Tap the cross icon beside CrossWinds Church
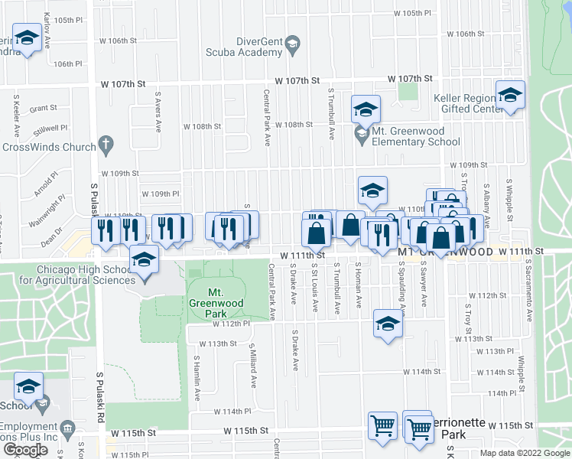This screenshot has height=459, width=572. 106,145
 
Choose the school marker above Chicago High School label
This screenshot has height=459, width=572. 144,260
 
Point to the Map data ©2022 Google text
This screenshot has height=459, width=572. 524,453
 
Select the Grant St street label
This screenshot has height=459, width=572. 44,109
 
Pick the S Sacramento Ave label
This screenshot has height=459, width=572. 527,285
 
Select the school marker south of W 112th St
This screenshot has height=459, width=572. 388,324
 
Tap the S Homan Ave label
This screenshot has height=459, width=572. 358,287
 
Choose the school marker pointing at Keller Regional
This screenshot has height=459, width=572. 510,95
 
